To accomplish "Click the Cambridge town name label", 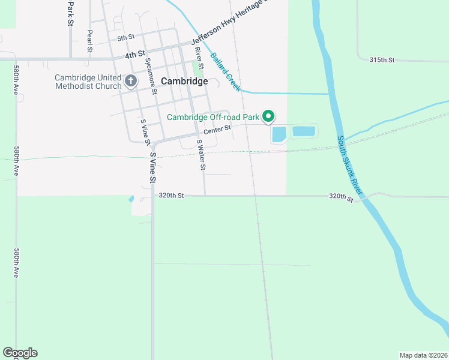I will click(184, 81).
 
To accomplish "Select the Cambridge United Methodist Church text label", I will click(88, 82).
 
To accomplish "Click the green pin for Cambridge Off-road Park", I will click(270, 116).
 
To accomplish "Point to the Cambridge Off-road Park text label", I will click(214, 117).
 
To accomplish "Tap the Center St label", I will click(217, 130).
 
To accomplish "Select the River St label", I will click(199, 58).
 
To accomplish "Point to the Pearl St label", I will click(89, 40).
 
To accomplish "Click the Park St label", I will click(70, 13).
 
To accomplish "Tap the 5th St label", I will click(125, 38).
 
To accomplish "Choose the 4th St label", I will click(135, 54).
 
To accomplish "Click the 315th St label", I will click(382, 60).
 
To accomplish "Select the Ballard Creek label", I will click(226, 73).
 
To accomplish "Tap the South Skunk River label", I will click(349, 164).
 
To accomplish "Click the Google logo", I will click(20, 353).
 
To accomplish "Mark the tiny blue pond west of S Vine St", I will click(131, 199).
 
